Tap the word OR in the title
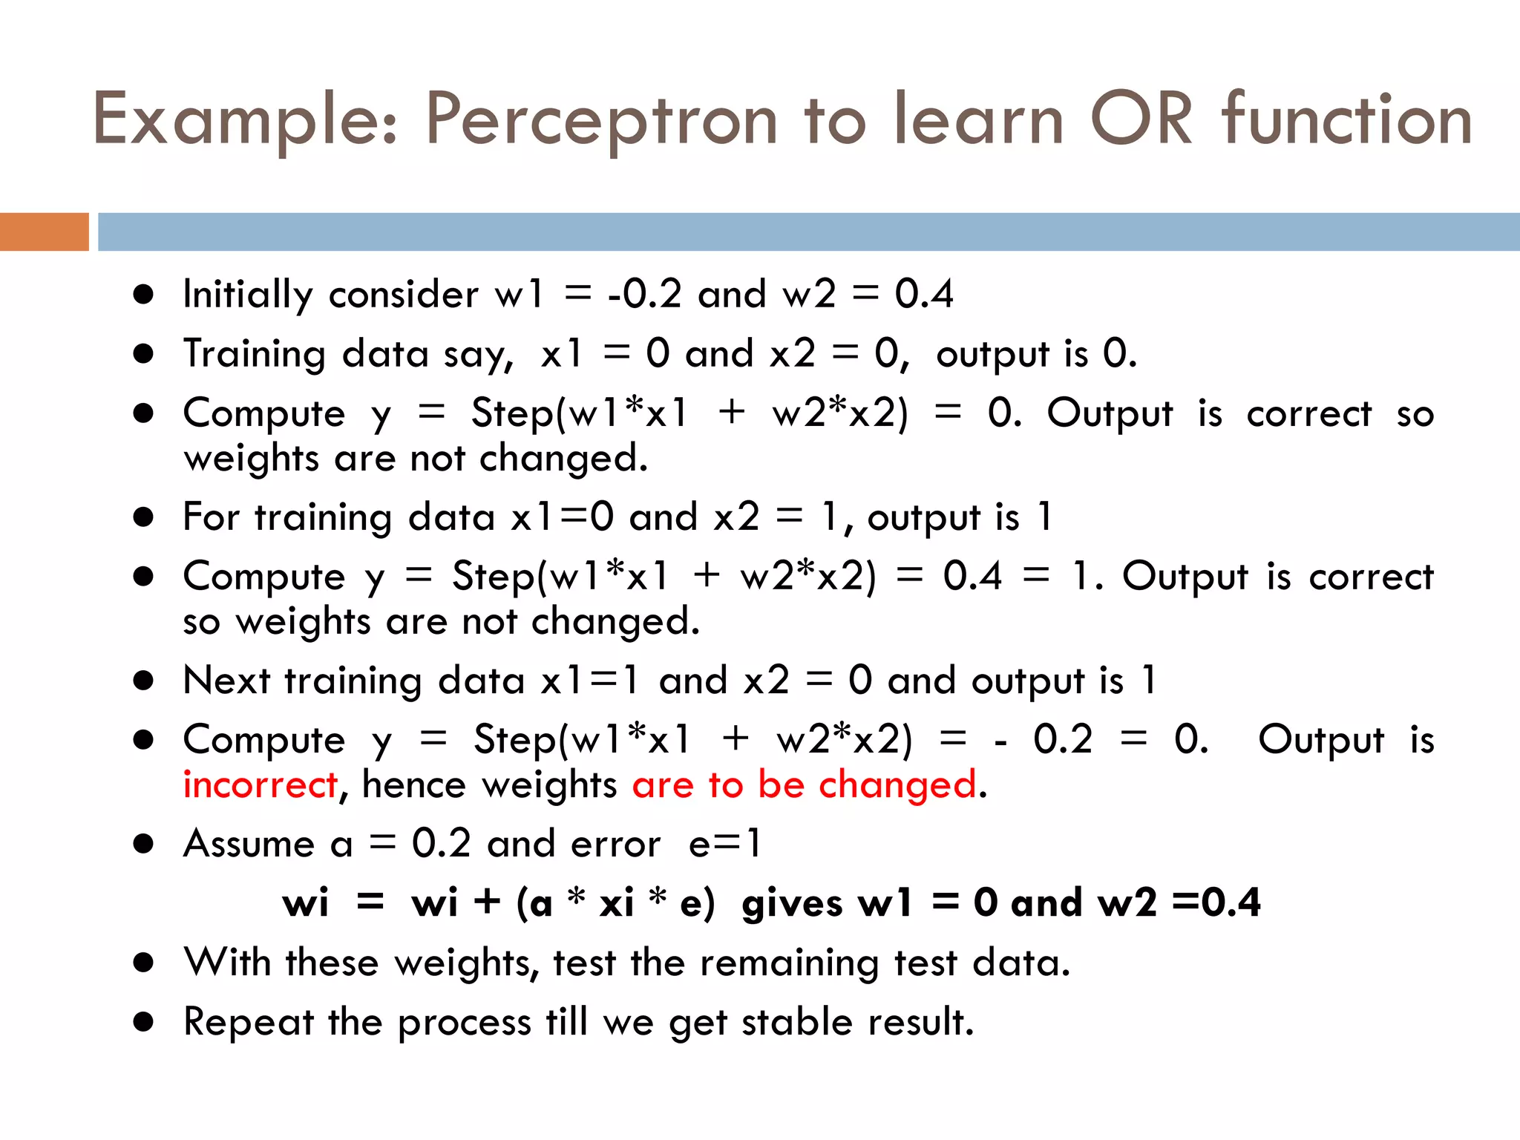pos(1141,119)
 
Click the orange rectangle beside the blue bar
pos(44,232)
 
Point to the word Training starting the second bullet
pos(254,354)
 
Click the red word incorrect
pos(261,784)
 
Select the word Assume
pos(249,844)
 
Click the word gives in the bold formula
pos(792,903)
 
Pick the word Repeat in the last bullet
pos(249,1022)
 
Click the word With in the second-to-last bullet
pos(227,963)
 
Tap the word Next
pos(226,681)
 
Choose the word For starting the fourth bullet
pos(211,517)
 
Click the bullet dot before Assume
pos(143,844)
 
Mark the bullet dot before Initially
pos(143,295)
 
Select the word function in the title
pos(1347,119)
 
